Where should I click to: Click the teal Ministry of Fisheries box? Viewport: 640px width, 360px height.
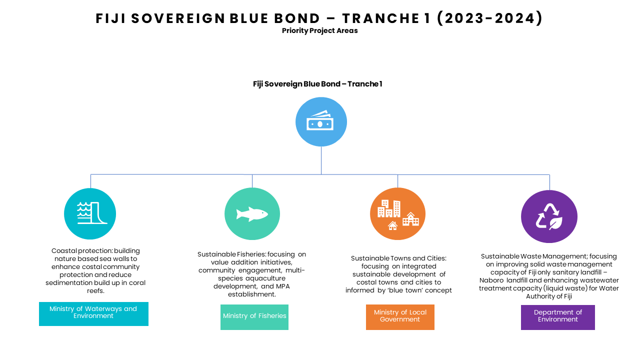pos(254,317)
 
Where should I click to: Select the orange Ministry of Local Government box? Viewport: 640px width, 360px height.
pos(400,317)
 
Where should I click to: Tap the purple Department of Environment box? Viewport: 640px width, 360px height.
pos(557,317)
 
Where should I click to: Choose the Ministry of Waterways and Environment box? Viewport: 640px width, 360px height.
pos(93,314)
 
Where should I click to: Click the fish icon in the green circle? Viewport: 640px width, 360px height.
pos(252,214)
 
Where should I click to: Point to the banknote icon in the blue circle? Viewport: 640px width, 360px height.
pos(320,120)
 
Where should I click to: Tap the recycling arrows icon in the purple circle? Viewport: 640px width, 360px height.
pos(549,216)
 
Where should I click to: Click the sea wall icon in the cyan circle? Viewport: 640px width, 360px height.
pos(91,213)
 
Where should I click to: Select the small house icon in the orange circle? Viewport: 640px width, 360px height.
pos(392,225)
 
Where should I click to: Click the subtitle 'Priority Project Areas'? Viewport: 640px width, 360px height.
pos(319,30)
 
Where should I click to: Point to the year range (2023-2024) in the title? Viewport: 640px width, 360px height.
pos(489,18)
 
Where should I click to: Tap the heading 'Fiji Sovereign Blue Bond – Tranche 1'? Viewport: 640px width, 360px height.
pos(317,84)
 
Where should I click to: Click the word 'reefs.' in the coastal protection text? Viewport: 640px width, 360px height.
pos(95,291)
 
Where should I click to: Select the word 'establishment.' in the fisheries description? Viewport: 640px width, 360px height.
pos(251,294)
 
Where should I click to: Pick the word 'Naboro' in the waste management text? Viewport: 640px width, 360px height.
pos(491,280)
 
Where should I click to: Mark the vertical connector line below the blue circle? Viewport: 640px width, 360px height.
pos(321,160)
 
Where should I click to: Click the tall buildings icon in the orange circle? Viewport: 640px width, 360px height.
pos(389,208)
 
